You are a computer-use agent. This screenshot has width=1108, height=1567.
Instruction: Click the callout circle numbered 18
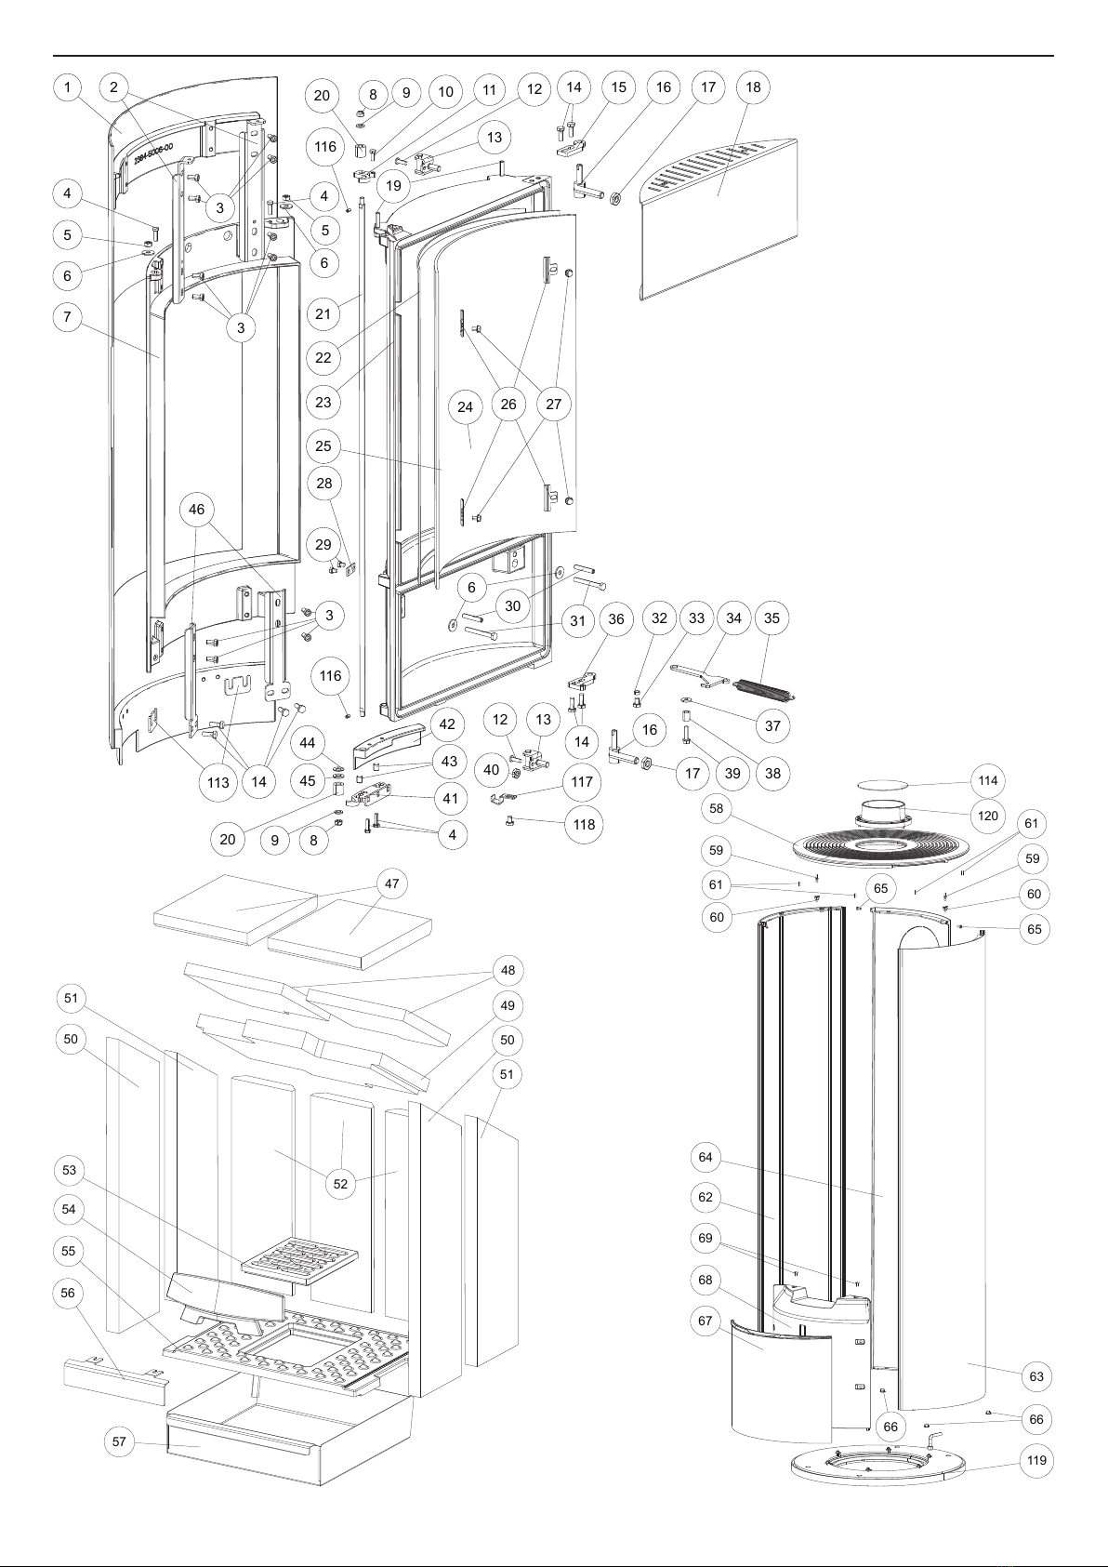[753, 86]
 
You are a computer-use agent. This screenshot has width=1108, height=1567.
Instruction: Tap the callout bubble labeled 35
[772, 618]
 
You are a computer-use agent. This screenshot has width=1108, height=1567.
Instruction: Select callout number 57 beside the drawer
[120, 1441]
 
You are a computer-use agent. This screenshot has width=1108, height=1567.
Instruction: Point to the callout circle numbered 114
[988, 780]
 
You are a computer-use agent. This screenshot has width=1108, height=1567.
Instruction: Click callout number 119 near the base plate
[1036, 1460]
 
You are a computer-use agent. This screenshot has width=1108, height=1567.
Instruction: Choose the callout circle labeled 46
[196, 510]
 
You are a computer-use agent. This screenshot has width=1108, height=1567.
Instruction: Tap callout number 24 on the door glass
[465, 406]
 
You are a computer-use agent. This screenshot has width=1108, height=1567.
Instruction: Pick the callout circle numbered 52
[339, 1184]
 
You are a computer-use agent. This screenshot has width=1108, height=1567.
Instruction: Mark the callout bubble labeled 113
[218, 782]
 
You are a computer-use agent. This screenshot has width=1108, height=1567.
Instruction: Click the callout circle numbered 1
[67, 87]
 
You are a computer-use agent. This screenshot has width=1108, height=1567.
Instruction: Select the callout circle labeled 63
[1036, 1376]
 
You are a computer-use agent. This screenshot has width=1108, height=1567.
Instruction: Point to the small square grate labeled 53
[299, 1260]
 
